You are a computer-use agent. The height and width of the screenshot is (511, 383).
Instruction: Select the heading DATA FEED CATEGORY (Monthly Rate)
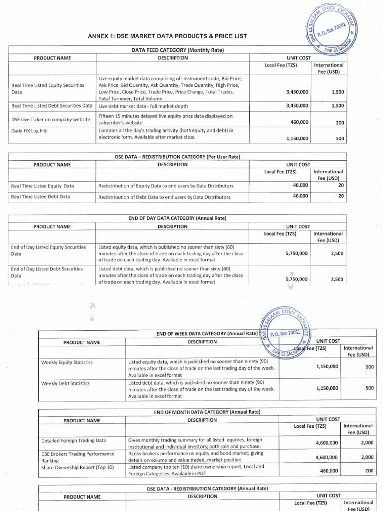point(177,50)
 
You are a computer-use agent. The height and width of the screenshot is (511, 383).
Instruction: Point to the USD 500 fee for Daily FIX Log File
point(339,139)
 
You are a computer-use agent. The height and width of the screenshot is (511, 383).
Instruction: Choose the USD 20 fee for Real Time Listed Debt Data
point(341,196)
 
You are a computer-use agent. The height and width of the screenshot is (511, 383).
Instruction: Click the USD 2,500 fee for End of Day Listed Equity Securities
point(337,253)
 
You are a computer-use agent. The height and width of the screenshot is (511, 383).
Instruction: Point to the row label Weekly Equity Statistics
point(67,362)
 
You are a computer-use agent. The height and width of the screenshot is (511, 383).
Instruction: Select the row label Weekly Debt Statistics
point(65,383)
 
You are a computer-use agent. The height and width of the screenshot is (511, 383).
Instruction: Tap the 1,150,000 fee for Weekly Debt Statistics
point(327,388)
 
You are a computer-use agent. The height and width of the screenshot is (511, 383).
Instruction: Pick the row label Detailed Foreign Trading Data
point(73,441)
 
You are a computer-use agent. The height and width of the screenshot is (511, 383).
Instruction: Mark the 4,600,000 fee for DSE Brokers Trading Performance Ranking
point(327,457)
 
